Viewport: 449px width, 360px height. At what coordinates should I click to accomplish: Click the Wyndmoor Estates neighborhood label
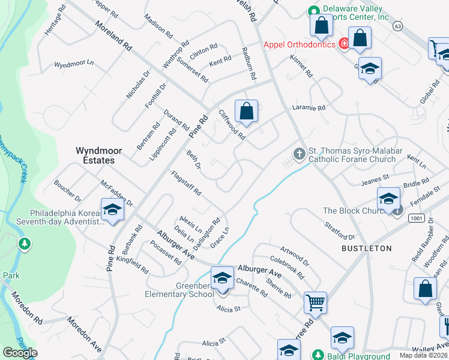[x=95, y=155]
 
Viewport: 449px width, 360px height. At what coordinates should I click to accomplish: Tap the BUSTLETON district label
[x=366, y=248]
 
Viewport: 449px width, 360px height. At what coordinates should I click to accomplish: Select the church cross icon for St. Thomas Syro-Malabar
[x=299, y=155]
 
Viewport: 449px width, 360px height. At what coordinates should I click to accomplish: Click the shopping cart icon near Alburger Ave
[x=316, y=303]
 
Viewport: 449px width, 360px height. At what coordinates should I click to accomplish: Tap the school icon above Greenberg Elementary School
[x=222, y=278]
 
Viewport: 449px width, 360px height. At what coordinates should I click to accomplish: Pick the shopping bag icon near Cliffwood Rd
[x=246, y=111]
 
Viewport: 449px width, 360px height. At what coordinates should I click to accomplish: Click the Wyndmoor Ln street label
[x=74, y=63]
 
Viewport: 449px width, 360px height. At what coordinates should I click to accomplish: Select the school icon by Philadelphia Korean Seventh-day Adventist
[x=112, y=209]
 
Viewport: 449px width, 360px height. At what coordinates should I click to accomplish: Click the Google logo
[x=20, y=353]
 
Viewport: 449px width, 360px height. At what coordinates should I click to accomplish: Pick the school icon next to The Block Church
[x=388, y=198]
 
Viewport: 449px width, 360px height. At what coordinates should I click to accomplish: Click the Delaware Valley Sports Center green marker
[x=313, y=11]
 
